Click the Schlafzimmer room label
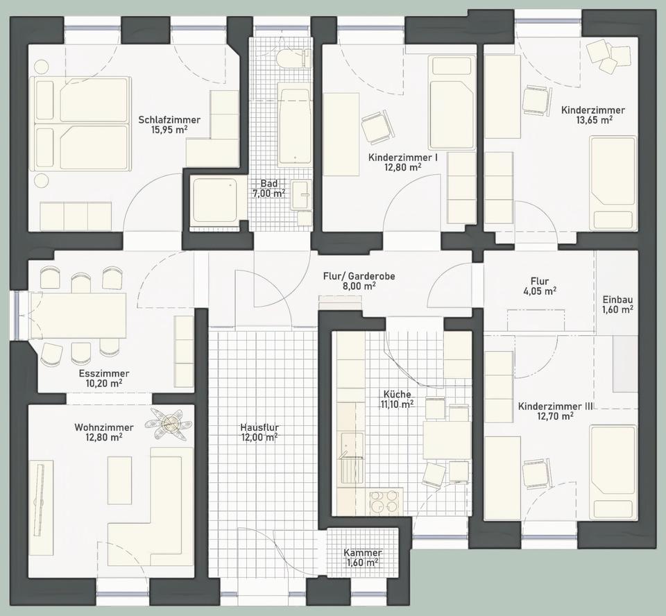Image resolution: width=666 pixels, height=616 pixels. pyautogui.click(x=169, y=119)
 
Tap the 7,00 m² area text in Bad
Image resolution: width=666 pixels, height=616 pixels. pyautogui.click(x=269, y=194)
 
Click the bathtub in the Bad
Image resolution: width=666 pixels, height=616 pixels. pyautogui.click(x=294, y=126)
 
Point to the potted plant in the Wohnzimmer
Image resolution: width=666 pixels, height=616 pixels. pyautogui.click(x=169, y=421)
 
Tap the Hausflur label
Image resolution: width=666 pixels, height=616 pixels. pyautogui.click(x=259, y=427)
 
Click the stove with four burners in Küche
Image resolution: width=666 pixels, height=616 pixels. pyautogui.click(x=385, y=502)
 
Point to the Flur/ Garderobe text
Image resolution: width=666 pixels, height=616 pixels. pyautogui.click(x=359, y=275)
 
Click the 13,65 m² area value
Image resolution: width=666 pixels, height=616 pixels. pyautogui.click(x=593, y=120)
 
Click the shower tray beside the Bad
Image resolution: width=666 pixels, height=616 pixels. pyautogui.click(x=214, y=200)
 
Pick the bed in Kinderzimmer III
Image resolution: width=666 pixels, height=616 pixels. pyautogui.click(x=612, y=472)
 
